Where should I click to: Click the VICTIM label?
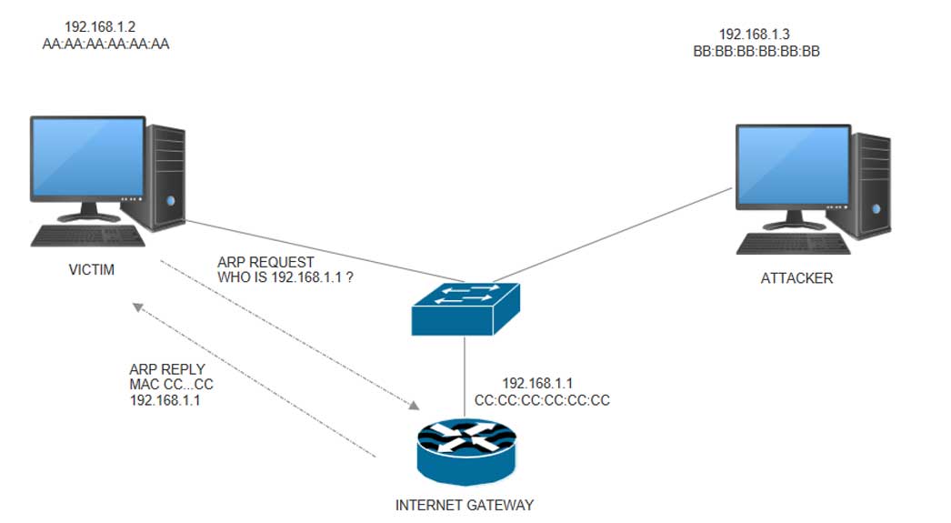[x=91, y=270]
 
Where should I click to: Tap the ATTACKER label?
[x=796, y=278]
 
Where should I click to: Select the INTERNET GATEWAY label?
[x=465, y=504]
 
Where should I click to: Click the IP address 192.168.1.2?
[x=101, y=27]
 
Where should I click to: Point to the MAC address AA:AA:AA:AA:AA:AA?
[x=105, y=43]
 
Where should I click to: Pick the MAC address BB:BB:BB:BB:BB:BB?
[x=756, y=52]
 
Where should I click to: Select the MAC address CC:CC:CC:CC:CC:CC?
[x=542, y=399]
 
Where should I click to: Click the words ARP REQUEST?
[x=265, y=262]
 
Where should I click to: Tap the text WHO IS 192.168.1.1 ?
[x=285, y=277]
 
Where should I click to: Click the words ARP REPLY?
[x=167, y=369]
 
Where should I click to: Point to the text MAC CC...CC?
[x=172, y=384]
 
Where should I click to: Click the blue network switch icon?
[x=465, y=307]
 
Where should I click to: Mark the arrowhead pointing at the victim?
[x=136, y=307]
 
